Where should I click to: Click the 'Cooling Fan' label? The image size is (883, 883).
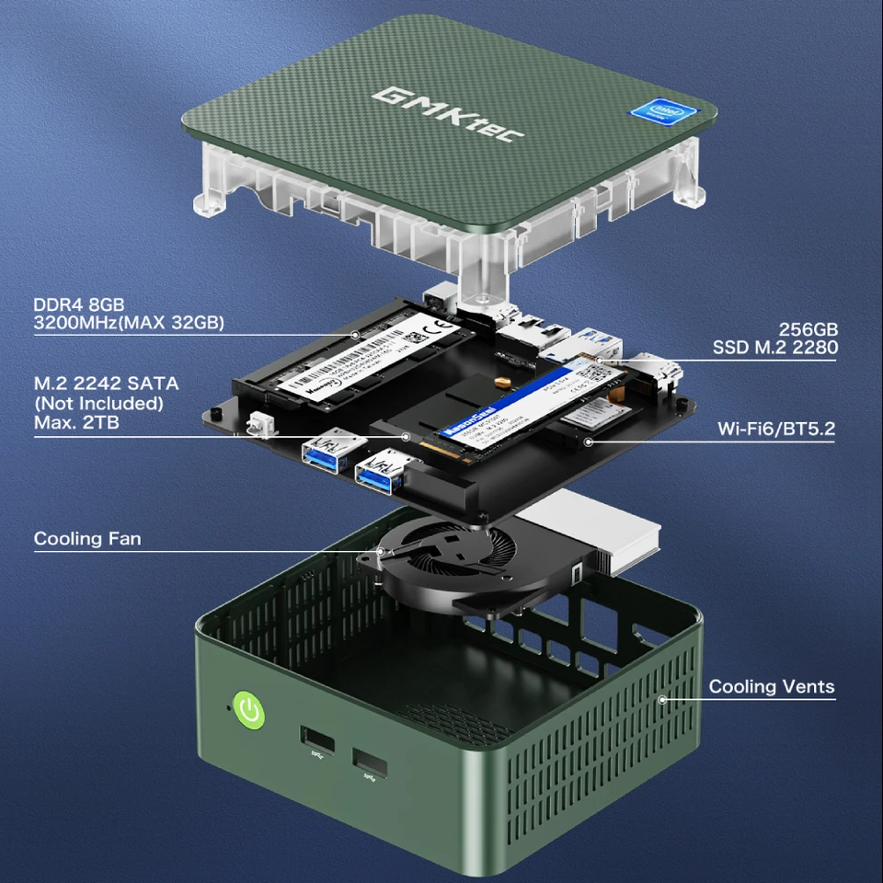(x=87, y=538)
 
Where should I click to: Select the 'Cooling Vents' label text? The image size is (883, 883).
(x=772, y=686)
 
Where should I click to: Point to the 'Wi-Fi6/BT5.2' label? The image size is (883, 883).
(x=776, y=429)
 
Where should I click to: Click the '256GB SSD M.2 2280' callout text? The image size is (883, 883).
(x=774, y=338)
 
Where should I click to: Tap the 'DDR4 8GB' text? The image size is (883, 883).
(x=79, y=304)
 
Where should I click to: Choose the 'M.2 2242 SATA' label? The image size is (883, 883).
(x=106, y=383)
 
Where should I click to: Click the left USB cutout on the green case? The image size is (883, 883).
(x=315, y=738)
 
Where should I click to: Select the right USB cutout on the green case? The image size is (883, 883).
(x=370, y=763)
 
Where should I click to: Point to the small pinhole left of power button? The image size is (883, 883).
(x=229, y=708)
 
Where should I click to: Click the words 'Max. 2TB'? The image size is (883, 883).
(x=76, y=422)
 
